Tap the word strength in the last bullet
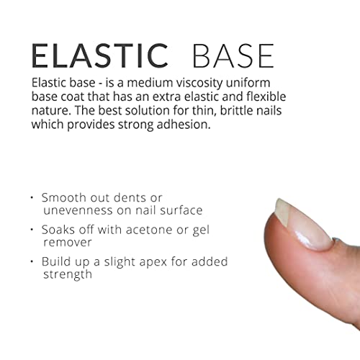67,274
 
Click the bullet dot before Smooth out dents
33,197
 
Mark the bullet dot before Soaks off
33,230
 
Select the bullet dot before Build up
33,262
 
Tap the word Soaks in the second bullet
60,230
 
